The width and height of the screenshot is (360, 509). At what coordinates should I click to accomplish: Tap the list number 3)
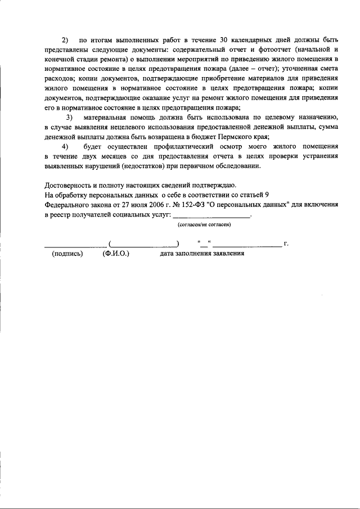[70, 117]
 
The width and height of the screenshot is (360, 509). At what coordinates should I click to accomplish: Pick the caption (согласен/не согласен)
[204, 224]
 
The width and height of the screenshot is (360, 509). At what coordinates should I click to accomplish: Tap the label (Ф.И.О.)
[116, 254]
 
